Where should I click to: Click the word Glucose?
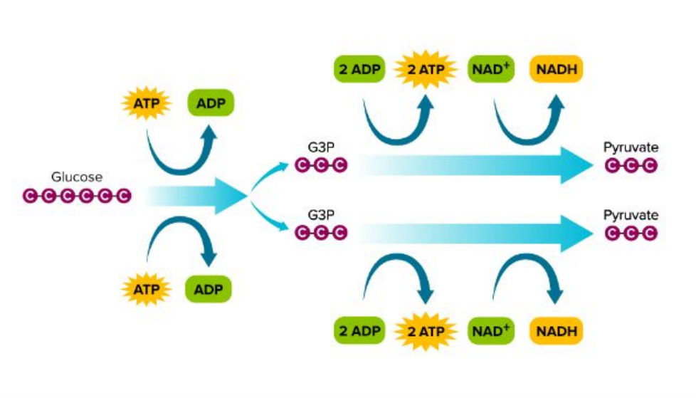tap(76, 177)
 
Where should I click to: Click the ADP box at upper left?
tap(210, 105)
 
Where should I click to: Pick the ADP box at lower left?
tap(209, 290)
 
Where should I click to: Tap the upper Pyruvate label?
tap(631, 148)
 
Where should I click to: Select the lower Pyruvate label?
tap(631, 214)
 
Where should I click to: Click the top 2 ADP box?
tap(359, 70)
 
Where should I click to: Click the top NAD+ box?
tap(490, 70)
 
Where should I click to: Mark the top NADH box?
tap(557, 70)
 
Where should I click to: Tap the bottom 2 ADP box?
tap(359, 331)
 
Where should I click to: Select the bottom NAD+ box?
tap(490, 331)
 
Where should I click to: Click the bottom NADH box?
tap(557, 331)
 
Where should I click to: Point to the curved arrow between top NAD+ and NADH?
tap(527, 121)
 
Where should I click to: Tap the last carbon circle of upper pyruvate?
tap(648, 166)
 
